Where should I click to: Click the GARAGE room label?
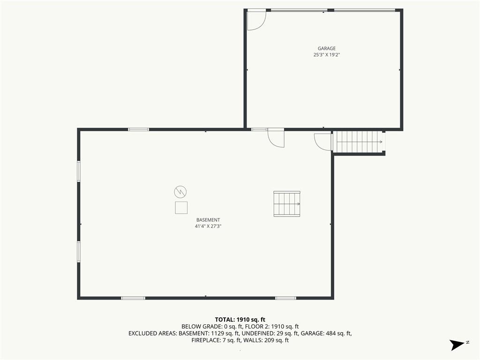(x=327, y=48)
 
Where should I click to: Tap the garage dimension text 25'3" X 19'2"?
(x=327, y=55)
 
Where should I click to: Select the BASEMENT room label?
(x=208, y=220)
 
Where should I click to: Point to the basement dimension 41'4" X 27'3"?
(x=208, y=226)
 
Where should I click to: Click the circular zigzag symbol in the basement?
(x=180, y=192)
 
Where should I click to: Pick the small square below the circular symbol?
(x=181, y=208)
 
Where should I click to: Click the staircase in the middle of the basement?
(x=287, y=204)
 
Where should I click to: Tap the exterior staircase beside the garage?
(x=359, y=142)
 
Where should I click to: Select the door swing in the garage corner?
(x=256, y=21)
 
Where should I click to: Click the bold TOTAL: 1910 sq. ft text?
(x=240, y=320)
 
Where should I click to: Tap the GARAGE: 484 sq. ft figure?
(x=326, y=333)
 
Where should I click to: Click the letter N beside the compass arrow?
(x=468, y=342)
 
